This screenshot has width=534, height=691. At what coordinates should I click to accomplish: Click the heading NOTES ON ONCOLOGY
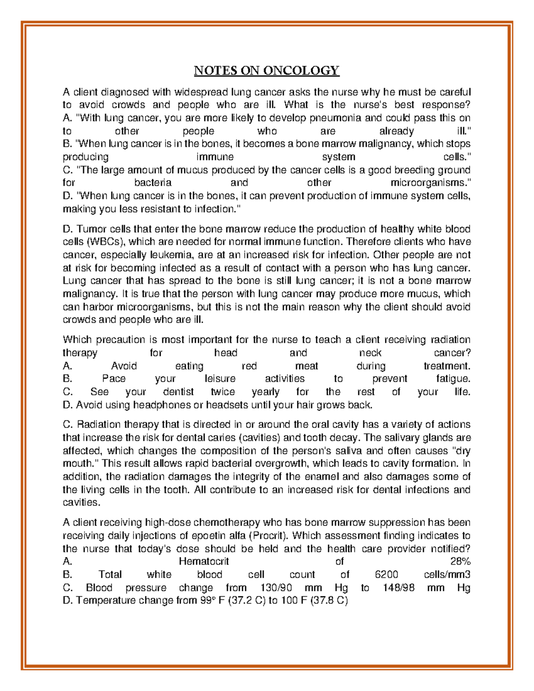pos(267,71)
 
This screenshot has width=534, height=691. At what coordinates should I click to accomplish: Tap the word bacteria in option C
pos(153,183)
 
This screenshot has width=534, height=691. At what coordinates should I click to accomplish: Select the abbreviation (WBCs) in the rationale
pos(106,242)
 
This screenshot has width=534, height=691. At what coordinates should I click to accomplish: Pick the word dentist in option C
pos(178,392)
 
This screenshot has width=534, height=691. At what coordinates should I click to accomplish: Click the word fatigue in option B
pos(453,379)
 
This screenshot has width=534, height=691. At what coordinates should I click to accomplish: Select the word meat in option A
pos(307,366)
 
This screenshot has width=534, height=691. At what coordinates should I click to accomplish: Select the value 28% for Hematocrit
pos(460,562)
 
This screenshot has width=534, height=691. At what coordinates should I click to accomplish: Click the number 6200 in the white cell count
pos(386,574)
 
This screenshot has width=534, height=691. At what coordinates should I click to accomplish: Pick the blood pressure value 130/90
pos(279,588)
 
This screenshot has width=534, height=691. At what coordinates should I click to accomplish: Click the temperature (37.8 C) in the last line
pos(329,601)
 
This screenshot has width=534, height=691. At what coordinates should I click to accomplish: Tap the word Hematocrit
pos(204,562)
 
